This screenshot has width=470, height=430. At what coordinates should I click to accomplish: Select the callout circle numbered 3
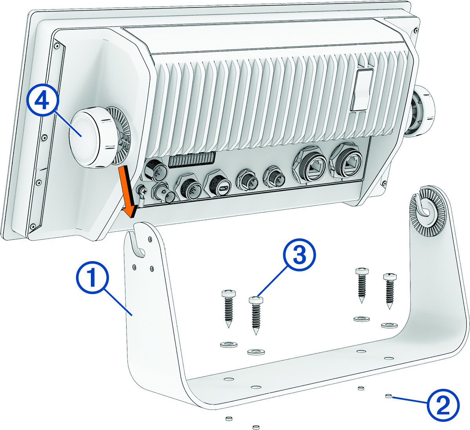point(299,256)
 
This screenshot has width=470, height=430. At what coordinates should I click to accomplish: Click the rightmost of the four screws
point(390,290)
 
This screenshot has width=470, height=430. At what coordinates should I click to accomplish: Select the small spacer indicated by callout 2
point(389,396)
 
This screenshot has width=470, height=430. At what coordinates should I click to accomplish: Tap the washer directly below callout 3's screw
point(256,351)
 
